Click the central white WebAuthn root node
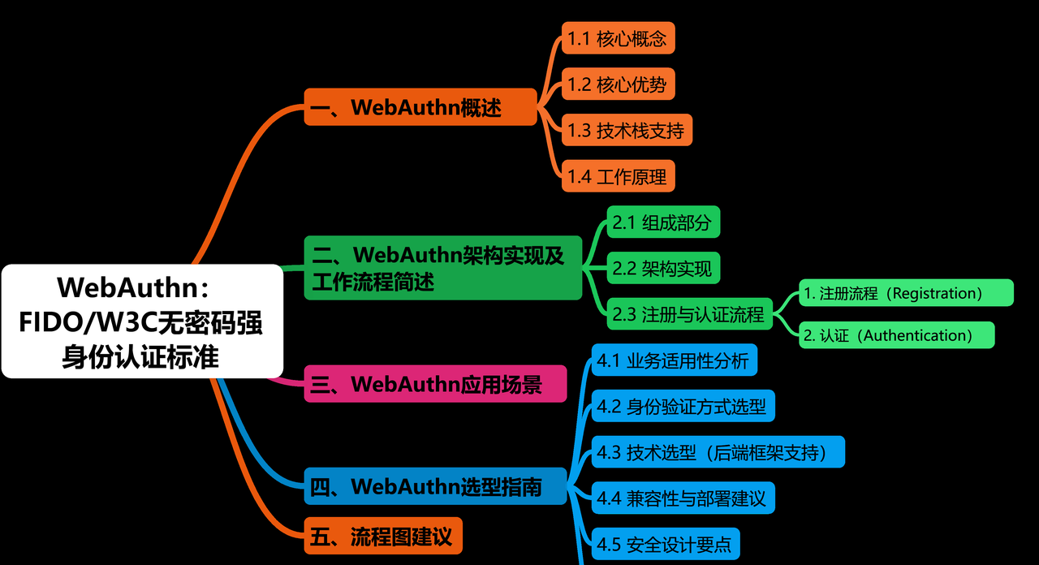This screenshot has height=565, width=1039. click(142, 321)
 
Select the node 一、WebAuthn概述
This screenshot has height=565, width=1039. click(420, 107)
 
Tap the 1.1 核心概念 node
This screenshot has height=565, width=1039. click(618, 38)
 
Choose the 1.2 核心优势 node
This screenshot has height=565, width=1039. click(618, 84)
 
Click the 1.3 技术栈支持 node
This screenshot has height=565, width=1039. click(627, 130)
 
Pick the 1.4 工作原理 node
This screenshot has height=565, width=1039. click(618, 176)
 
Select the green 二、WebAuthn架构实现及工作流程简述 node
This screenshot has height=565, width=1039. click(443, 268)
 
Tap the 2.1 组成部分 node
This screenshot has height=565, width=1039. click(663, 222)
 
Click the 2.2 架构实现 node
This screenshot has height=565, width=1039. click(663, 268)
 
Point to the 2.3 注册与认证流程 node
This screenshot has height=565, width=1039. click(690, 313)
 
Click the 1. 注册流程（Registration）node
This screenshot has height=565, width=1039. click(905, 293)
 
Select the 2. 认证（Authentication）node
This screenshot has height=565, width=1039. click(896, 335)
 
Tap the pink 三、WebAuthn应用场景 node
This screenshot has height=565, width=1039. click(435, 384)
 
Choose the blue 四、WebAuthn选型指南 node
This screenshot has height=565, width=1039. click(435, 486)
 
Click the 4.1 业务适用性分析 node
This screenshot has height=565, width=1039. click(674, 360)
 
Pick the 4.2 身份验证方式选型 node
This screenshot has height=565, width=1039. click(683, 406)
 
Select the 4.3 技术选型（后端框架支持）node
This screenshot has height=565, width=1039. click(718, 452)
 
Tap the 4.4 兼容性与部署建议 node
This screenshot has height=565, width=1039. click(683, 498)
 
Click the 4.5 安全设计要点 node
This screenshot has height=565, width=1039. click(665, 544)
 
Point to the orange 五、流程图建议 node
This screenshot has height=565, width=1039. click(383, 536)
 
